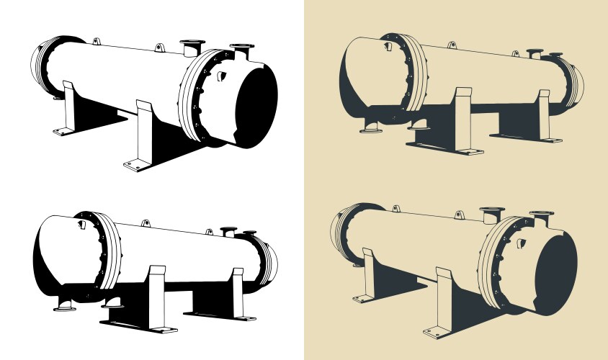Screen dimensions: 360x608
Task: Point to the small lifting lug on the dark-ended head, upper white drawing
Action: (x=222, y=73)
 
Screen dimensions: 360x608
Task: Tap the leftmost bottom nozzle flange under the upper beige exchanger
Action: (x=370, y=128)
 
